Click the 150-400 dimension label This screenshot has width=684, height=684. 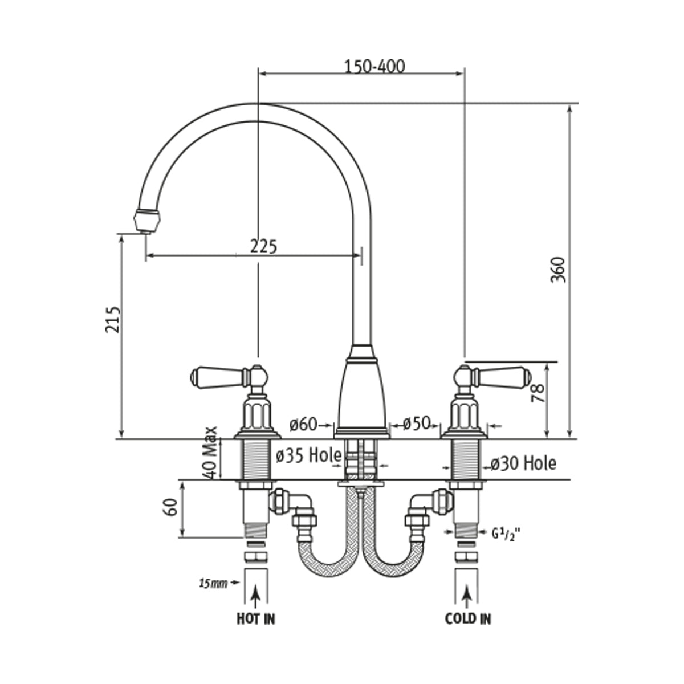[374, 66]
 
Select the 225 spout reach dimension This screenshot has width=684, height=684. [263, 246]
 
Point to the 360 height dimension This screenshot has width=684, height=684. [558, 271]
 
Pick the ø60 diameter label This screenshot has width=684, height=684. [303, 424]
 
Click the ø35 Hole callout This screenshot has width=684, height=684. [308, 455]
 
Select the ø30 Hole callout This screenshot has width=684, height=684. [523, 463]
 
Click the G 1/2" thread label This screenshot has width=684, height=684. [506, 534]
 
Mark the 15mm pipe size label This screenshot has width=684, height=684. [212, 583]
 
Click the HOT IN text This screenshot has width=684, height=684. [256, 618]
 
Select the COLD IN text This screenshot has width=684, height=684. [468, 618]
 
